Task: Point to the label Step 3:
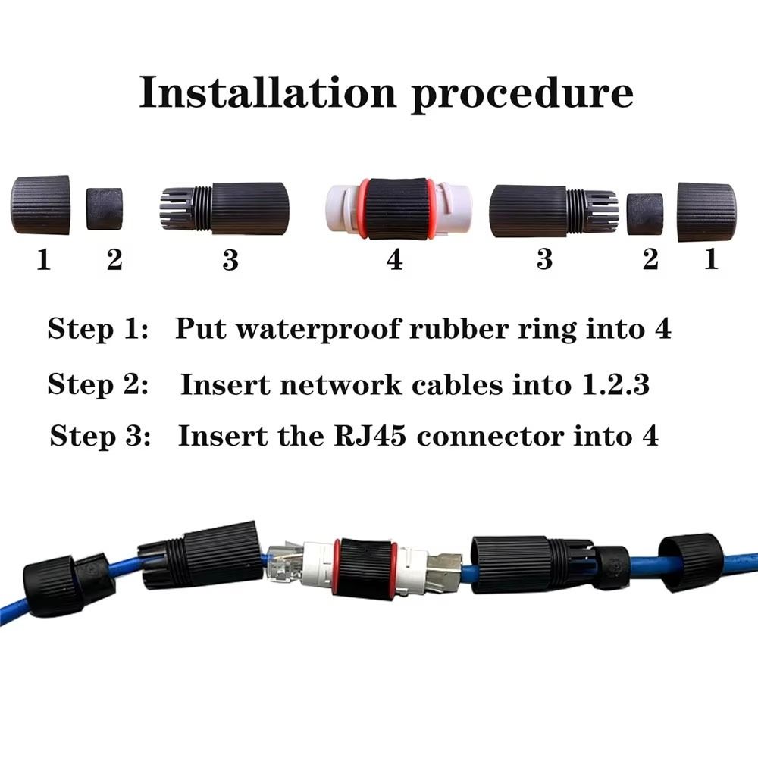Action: [100, 437]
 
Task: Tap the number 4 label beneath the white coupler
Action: [394, 260]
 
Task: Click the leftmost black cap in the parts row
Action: [41, 205]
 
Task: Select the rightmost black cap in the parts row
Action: [706, 211]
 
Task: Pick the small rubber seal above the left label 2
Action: [104, 208]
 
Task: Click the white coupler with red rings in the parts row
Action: [398, 209]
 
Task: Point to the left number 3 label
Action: [230, 260]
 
